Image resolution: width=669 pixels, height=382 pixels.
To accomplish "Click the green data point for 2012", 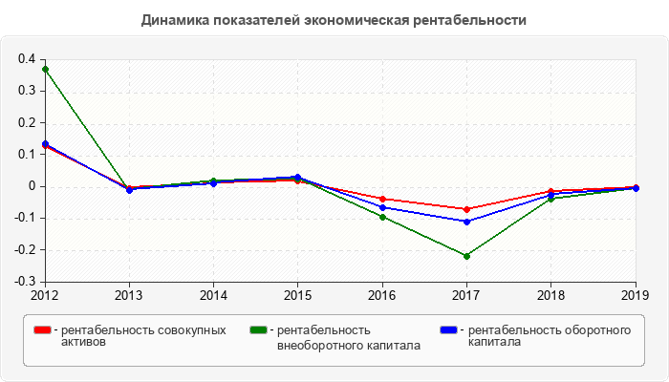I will click(x=45, y=69).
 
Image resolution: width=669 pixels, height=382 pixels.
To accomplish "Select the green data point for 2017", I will click(x=466, y=256).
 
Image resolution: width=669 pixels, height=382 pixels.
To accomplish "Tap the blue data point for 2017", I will click(x=466, y=222).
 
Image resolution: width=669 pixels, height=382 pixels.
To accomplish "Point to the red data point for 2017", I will click(x=466, y=209).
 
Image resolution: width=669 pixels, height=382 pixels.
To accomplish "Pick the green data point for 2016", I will click(x=382, y=217).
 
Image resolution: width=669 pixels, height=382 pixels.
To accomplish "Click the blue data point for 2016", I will click(x=382, y=207).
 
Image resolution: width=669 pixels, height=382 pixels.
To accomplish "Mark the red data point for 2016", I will click(x=382, y=199).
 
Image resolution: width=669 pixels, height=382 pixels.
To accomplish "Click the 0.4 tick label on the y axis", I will click(x=27, y=59).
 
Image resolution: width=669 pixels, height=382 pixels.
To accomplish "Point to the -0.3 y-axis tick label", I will click(x=25, y=282).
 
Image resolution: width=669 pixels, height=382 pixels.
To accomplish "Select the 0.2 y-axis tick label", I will click(x=27, y=122).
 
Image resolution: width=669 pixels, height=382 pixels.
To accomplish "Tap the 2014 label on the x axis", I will click(x=213, y=294).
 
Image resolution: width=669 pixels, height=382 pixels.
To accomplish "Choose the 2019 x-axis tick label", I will click(x=636, y=294).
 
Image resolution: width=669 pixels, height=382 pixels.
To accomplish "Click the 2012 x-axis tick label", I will click(x=44, y=294).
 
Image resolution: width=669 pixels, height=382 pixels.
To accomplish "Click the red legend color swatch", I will click(x=42, y=330).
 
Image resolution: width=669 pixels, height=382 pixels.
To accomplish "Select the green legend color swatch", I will click(x=257, y=330).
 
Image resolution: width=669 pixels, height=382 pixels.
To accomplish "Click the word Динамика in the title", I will click(x=175, y=20).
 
